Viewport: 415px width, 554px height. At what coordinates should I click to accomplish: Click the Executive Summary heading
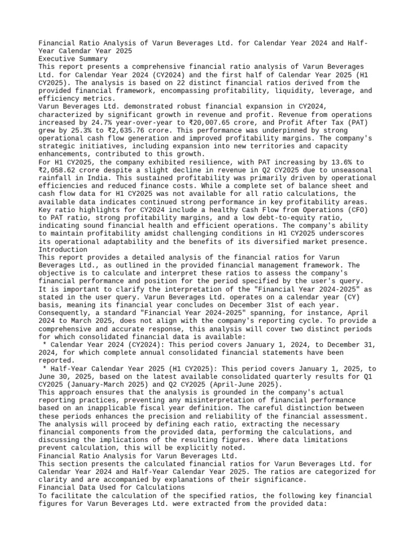click(72, 58)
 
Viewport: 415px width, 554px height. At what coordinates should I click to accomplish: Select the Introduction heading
click(63, 250)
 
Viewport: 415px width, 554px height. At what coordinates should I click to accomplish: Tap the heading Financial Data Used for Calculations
click(111, 487)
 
